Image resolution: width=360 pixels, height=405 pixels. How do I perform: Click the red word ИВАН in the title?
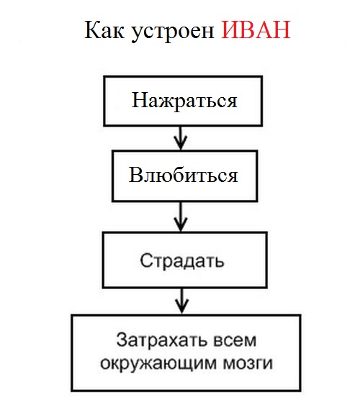pos(256,30)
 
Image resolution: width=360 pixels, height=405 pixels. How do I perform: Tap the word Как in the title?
pos(104,30)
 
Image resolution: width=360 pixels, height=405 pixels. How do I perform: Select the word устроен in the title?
pos(173,32)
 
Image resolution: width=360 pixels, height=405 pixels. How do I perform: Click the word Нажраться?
pos(184,101)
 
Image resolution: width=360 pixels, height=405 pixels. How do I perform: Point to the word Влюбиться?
pos(183,175)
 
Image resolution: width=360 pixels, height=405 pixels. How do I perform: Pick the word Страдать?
pos(182,261)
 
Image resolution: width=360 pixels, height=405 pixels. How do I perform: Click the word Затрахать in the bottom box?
pos(161,340)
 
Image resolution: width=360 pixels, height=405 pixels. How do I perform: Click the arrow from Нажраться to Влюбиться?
pos(181,138)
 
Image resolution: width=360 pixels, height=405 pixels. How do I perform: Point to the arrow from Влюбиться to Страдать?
pos(181,217)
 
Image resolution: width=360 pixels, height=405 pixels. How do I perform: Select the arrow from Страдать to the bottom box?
pos(182,301)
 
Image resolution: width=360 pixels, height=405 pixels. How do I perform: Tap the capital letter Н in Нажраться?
pos(140,100)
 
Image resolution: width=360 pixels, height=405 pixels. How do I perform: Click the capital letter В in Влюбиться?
pos(135,175)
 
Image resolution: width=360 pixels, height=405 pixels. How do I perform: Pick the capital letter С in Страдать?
pos(147,260)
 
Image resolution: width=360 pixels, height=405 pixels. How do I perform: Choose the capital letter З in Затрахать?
pos(122,340)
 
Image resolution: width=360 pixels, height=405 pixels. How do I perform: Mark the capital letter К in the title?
pos(94,30)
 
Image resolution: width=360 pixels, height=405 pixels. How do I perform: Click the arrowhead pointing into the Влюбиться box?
pos(181,144)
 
